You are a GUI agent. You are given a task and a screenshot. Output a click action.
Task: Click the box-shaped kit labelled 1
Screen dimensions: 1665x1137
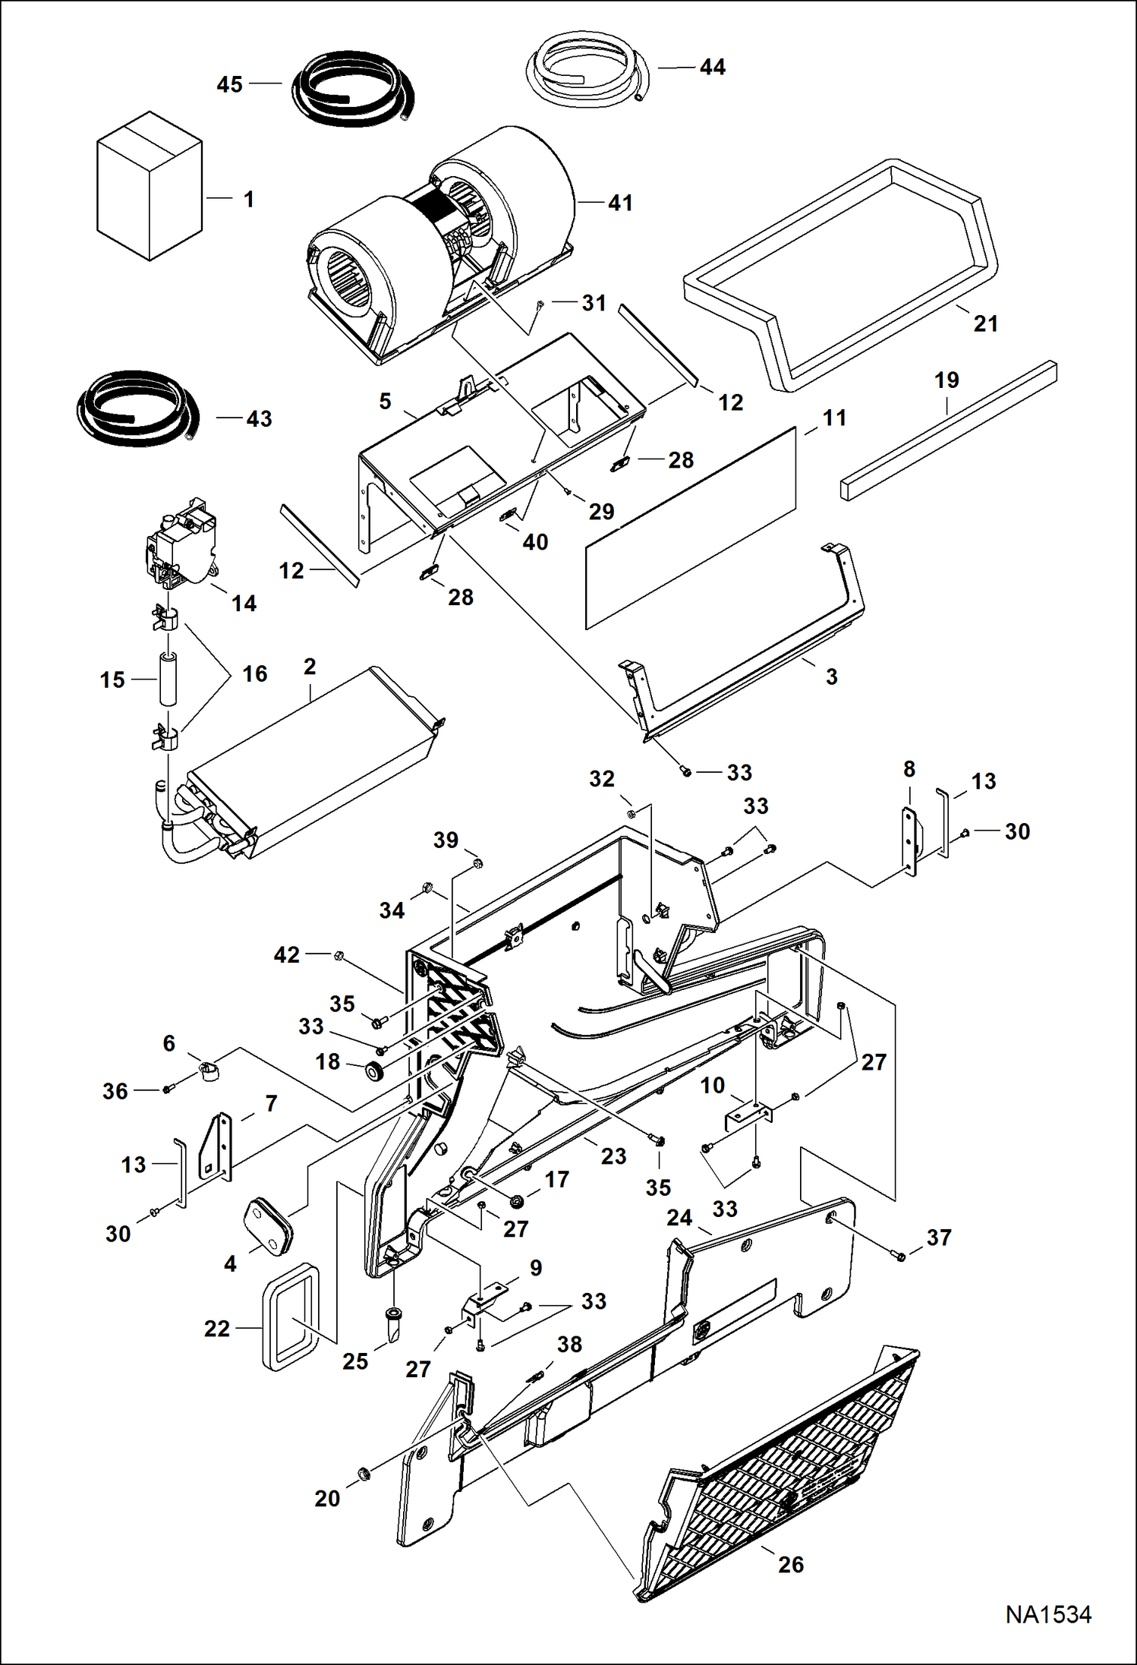pyautogui.click(x=149, y=186)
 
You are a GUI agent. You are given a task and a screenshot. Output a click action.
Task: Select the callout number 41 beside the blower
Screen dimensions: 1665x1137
pyautogui.click(x=620, y=203)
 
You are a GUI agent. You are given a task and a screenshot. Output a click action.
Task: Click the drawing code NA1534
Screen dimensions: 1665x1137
pyautogui.click(x=1048, y=1614)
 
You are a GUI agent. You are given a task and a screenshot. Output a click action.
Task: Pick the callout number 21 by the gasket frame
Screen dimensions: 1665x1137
pyautogui.click(x=985, y=324)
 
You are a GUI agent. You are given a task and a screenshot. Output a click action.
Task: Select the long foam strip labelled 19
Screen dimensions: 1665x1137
pyautogui.click(x=949, y=430)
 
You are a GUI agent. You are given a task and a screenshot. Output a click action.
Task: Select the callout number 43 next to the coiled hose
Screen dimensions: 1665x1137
pyautogui.click(x=259, y=419)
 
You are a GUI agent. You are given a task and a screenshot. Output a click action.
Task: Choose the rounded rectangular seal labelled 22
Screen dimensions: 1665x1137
pyautogui.click(x=290, y=1317)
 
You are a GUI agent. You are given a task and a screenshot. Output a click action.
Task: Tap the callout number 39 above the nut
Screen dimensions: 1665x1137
pyautogui.click(x=446, y=840)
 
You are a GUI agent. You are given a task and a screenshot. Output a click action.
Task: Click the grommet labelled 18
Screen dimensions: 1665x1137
pyautogui.click(x=374, y=1072)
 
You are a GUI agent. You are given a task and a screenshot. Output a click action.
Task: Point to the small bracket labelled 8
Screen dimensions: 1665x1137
pyautogui.click(x=909, y=840)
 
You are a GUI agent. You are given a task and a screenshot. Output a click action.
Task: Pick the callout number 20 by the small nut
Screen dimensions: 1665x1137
pyautogui.click(x=327, y=1499)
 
